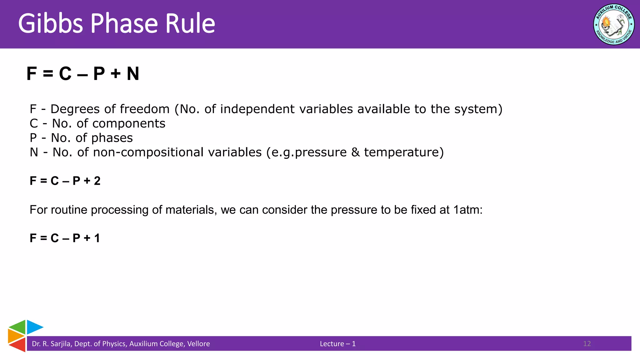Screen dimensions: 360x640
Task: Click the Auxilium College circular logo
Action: tap(613, 24)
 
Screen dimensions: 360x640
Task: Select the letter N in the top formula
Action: tap(133, 74)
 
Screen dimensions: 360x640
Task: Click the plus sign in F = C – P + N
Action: tap(115, 74)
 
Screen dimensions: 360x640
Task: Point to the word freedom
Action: tap(145, 109)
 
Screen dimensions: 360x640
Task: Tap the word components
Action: tap(129, 123)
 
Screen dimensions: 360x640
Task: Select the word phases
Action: tap(112, 138)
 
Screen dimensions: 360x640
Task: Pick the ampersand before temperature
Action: tap(355, 152)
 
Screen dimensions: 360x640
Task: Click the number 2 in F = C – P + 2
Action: tap(97, 181)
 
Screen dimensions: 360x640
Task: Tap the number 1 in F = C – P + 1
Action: tap(97, 238)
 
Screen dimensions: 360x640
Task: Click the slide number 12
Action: tap(587, 344)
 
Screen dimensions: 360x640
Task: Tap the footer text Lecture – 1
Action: tap(337, 344)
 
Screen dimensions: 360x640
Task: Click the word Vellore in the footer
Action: tap(198, 344)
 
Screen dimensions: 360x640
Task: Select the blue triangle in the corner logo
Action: tap(33, 327)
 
